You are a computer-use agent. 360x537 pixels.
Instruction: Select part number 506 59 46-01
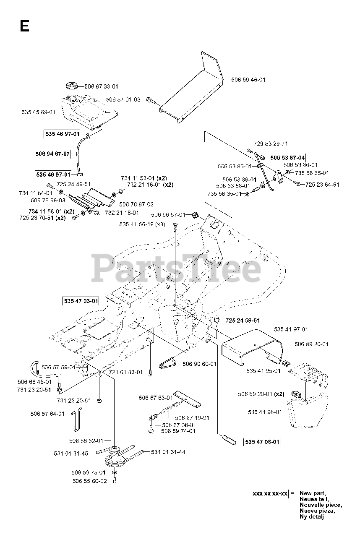248,79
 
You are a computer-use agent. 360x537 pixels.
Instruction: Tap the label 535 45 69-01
38,112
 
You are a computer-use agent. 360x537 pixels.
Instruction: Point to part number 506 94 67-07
53,154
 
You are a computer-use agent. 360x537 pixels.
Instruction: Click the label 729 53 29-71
271,143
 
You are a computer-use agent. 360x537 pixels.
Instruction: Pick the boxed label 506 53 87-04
287,157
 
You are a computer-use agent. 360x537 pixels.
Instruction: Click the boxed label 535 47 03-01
81,301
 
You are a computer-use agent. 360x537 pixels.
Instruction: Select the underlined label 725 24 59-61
243,321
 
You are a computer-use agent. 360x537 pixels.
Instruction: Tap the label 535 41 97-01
291,329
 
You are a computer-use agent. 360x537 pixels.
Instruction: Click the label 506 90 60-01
199,364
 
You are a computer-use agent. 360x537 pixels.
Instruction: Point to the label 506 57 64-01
47,414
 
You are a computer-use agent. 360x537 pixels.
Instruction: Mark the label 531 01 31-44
168,452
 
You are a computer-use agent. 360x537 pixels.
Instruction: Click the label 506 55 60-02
89,481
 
